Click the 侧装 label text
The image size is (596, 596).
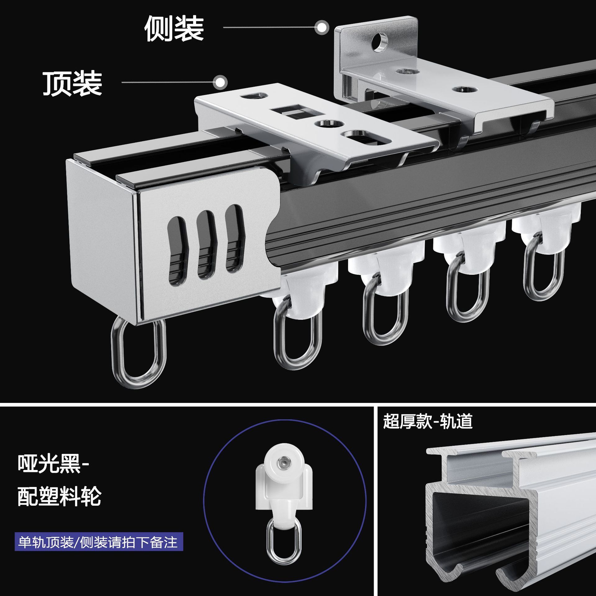(174, 29)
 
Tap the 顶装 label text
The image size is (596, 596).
(72, 83)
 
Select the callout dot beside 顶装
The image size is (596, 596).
(220, 83)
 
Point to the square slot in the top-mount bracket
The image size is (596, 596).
(289, 112)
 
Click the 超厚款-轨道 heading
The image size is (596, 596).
(428, 422)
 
